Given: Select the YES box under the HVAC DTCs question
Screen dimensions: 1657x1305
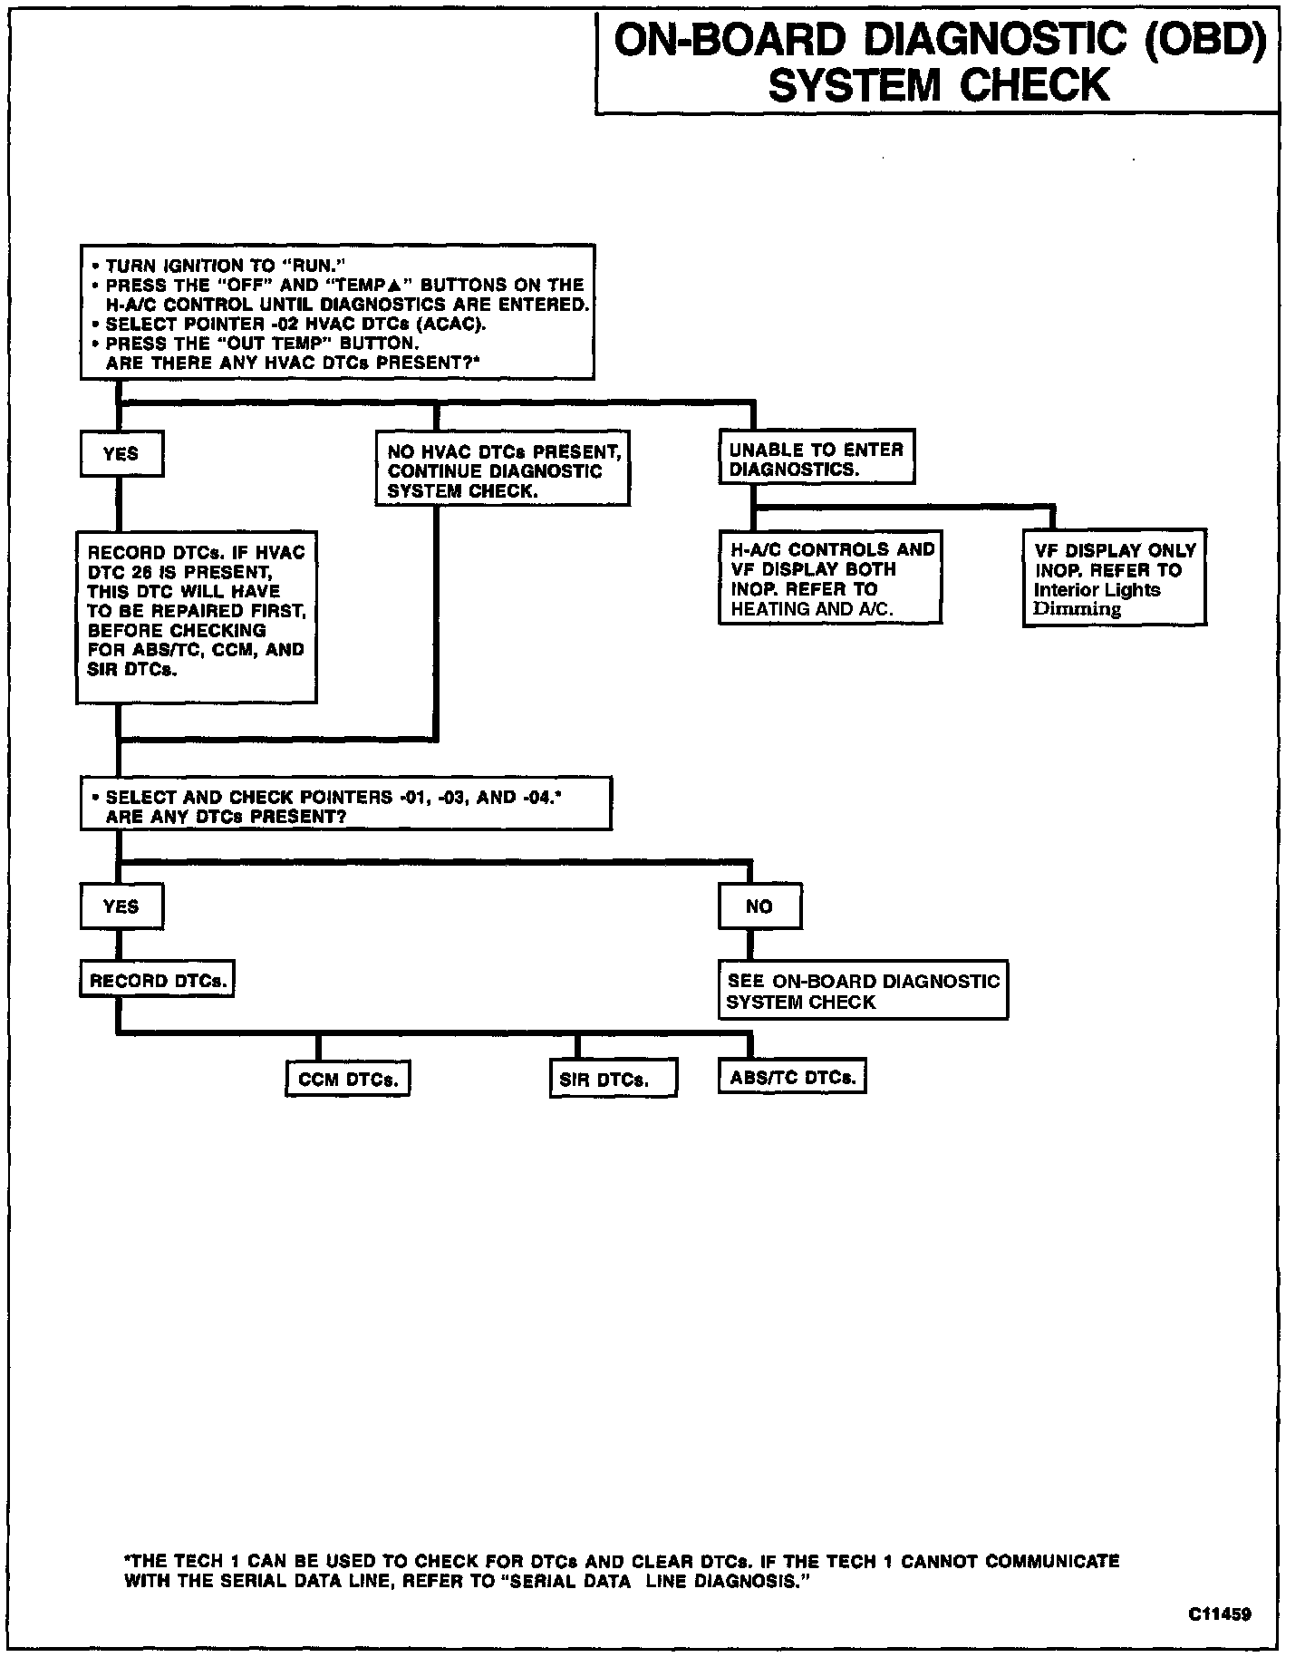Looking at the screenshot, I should click(x=121, y=454).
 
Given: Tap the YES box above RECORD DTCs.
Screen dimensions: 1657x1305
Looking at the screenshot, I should click(x=121, y=906).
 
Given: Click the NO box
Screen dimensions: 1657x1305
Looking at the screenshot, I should click(x=759, y=906).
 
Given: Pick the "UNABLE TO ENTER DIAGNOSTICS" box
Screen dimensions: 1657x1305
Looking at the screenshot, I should click(x=816, y=459).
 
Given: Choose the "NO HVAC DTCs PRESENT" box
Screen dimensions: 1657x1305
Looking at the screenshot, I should click(x=502, y=470).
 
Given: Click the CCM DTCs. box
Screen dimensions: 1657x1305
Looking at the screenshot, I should click(x=348, y=1080).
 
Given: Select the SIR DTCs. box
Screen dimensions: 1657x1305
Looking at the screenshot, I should click(x=613, y=1080).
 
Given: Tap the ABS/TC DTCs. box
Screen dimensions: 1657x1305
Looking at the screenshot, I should click(x=792, y=1078).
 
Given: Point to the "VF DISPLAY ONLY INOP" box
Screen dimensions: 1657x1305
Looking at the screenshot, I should click(x=1114, y=578).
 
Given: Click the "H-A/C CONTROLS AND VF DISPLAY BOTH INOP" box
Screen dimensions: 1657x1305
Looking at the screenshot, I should click(x=830, y=578).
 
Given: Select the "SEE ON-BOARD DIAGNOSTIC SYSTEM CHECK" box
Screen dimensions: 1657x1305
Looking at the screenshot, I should click(x=863, y=992).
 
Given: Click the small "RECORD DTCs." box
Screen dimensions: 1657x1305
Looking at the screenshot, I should click(x=157, y=981).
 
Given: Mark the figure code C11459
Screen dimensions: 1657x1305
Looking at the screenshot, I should click(x=1221, y=1614).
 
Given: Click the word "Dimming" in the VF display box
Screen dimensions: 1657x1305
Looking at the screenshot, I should click(x=1078, y=609).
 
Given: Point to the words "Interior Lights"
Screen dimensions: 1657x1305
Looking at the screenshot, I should click(x=1097, y=589).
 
